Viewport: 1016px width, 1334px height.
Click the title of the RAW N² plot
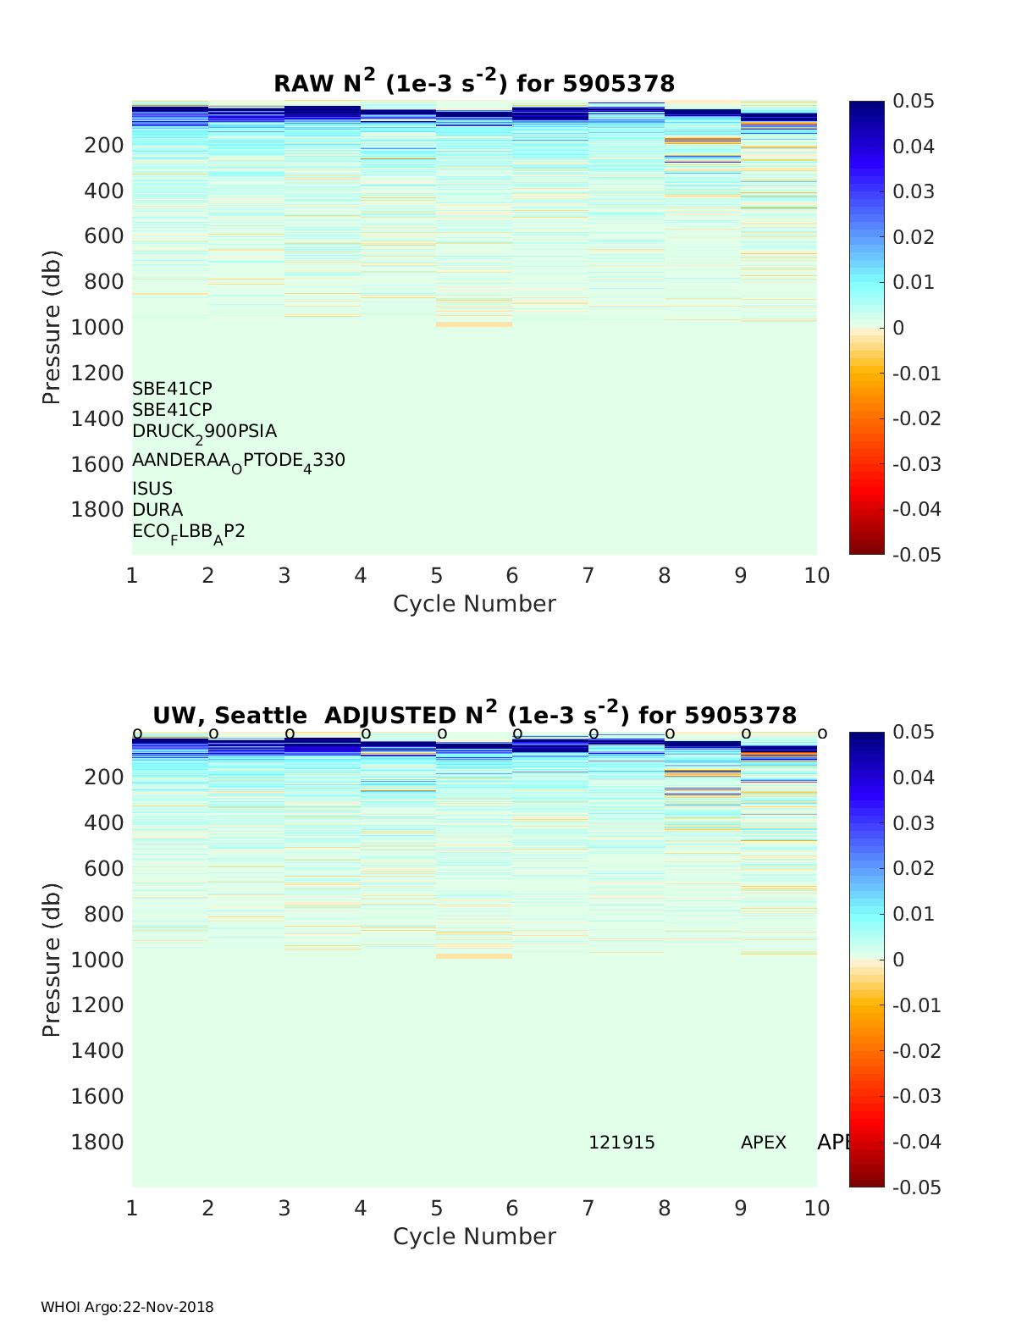click(x=474, y=83)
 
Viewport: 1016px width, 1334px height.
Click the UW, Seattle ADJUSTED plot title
click(x=474, y=715)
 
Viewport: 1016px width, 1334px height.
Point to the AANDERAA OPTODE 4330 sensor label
click(x=238, y=461)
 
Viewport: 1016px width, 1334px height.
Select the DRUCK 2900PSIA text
click(x=204, y=431)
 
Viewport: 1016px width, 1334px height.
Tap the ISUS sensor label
click(x=152, y=489)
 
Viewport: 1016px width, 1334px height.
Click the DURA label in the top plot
click(x=157, y=510)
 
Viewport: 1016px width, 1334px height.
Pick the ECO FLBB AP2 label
click(x=188, y=532)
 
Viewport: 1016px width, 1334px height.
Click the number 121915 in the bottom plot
click(x=621, y=1143)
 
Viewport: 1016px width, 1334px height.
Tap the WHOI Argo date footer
click(x=127, y=1307)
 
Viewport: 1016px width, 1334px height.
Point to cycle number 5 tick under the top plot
click(x=436, y=576)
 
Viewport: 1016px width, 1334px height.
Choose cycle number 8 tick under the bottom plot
click(x=664, y=1208)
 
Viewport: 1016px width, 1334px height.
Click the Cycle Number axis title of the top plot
click(x=474, y=604)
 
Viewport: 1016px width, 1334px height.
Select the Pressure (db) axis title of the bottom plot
click(x=52, y=959)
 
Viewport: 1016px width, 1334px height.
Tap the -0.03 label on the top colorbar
click(x=917, y=464)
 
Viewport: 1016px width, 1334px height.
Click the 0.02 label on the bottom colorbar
click(x=914, y=868)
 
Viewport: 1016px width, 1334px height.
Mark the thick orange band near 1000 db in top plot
click(x=474, y=324)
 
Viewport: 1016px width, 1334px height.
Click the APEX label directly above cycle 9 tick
click(x=763, y=1143)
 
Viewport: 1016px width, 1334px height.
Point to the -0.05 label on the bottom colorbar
click(x=917, y=1187)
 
